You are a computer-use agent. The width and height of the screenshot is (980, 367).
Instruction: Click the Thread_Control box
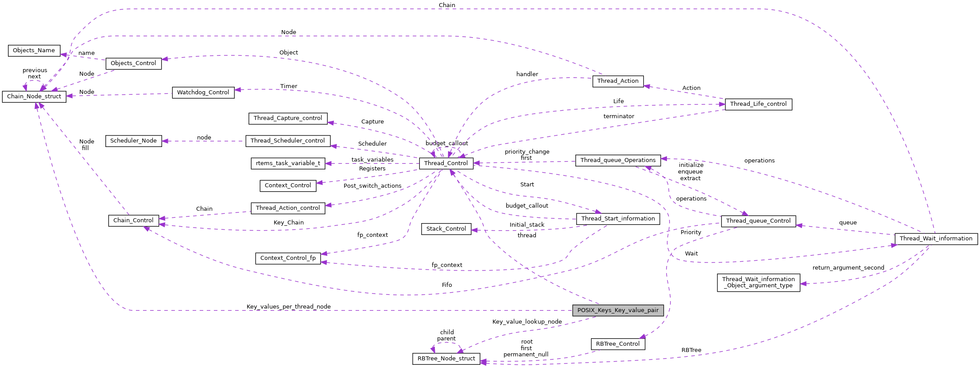(446, 163)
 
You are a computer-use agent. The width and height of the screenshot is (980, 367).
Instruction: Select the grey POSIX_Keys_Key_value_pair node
(618, 310)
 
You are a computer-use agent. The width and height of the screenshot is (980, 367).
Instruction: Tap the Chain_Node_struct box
(34, 97)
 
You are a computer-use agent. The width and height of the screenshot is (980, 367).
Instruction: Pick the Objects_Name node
(34, 50)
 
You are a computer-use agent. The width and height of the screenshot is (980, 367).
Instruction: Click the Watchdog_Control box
(203, 93)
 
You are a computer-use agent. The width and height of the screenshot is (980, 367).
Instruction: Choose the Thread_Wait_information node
(936, 239)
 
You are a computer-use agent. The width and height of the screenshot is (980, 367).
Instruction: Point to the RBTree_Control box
(618, 344)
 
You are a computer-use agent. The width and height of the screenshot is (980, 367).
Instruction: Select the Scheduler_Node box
(133, 141)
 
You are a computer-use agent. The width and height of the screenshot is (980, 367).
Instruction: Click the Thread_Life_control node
(758, 104)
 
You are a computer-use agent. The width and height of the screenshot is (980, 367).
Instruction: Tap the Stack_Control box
(446, 229)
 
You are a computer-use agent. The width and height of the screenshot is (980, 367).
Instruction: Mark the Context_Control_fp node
(288, 258)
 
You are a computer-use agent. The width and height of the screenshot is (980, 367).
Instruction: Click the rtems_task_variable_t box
(288, 163)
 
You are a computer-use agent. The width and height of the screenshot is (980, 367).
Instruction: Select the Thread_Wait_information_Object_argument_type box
(758, 282)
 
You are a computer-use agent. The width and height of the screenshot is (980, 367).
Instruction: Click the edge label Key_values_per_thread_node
(288, 307)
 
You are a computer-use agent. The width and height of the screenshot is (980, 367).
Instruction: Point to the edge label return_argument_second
(848, 268)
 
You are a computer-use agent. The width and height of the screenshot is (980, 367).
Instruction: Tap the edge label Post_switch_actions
(372, 186)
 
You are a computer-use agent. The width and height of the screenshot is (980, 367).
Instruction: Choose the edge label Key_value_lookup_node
(527, 322)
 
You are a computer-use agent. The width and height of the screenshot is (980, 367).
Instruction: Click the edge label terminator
(619, 116)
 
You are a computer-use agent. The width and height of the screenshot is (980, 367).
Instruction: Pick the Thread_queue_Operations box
(618, 160)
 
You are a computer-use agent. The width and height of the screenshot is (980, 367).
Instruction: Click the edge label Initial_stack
(527, 225)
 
